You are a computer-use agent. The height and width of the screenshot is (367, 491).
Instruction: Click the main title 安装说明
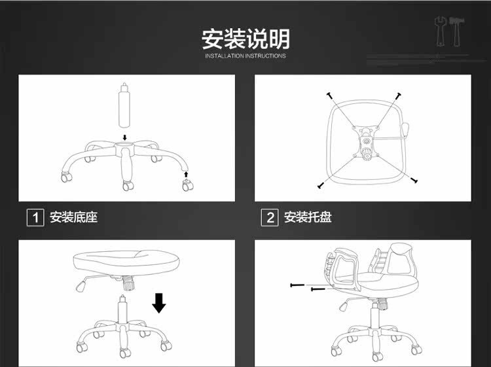[245, 39]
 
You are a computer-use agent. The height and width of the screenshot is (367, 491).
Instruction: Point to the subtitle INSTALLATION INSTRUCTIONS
[245, 56]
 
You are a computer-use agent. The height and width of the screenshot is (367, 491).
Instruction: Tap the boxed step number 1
[35, 217]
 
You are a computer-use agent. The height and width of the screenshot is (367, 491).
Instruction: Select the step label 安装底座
[74, 217]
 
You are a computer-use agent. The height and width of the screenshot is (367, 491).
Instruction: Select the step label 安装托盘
[308, 217]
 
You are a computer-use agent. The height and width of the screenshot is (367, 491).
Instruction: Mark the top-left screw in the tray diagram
[331, 96]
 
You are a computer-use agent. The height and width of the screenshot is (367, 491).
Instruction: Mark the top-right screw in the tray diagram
[397, 96]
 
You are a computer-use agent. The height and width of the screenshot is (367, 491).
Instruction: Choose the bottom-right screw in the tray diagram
[414, 180]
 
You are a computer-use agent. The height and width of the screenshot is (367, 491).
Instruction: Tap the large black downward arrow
[158, 303]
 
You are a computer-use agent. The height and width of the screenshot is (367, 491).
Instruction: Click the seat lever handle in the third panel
[82, 286]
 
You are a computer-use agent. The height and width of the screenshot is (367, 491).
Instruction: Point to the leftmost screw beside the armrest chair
[297, 285]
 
